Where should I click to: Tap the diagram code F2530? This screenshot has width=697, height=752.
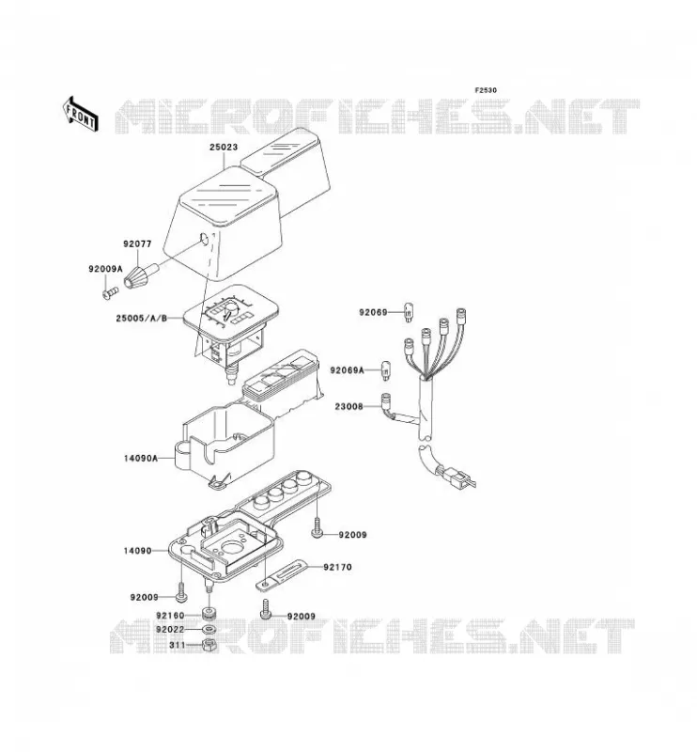click(486, 90)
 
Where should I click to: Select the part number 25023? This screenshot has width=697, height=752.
click(224, 147)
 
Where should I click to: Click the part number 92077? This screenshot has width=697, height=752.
click(137, 243)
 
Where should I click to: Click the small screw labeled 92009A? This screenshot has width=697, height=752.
click(110, 291)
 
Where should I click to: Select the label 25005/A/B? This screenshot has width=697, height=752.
click(142, 318)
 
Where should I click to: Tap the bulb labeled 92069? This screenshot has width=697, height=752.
click(409, 312)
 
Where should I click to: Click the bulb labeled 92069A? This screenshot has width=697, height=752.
click(385, 370)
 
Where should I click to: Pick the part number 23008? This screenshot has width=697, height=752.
click(349, 407)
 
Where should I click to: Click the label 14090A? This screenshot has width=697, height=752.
click(141, 458)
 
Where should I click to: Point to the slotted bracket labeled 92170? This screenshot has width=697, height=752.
click(280, 575)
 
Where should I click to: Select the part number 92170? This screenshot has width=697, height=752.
click(337, 567)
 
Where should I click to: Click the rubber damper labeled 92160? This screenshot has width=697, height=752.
click(209, 614)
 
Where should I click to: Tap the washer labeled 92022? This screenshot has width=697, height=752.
click(209, 629)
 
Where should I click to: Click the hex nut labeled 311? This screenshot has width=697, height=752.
click(209, 645)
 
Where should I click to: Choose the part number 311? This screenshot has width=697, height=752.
click(177, 645)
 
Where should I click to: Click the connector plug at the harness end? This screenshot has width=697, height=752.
click(454, 477)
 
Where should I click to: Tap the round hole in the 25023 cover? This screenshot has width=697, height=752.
click(204, 239)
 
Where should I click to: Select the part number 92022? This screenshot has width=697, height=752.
click(170, 629)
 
